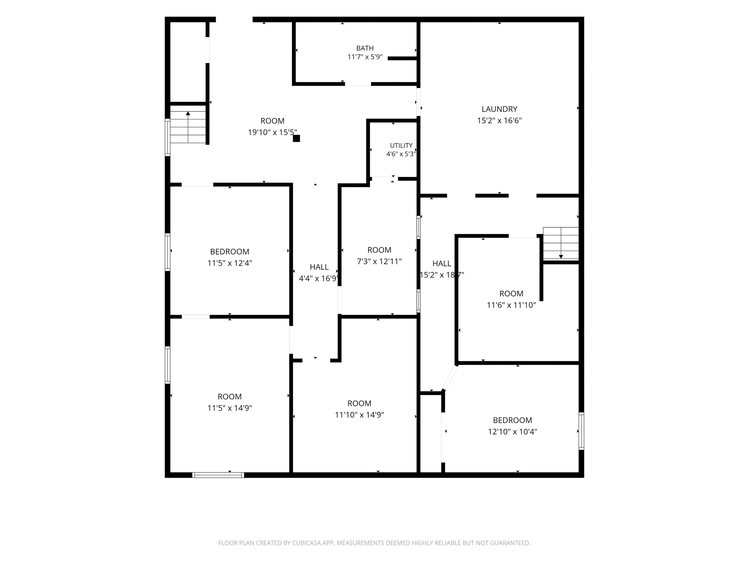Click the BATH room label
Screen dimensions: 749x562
pyautogui.click(x=365, y=48)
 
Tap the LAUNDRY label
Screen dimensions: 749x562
pyautogui.click(x=499, y=109)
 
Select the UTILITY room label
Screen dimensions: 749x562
pyautogui.click(x=401, y=146)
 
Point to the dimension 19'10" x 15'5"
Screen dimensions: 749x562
pyautogui.click(x=272, y=132)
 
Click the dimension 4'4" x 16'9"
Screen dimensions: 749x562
pyautogui.click(x=319, y=279)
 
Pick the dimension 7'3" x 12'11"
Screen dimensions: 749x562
pyautogui.click(x=379, y=261)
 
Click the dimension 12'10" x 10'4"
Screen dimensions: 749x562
pyautogui.click(x=512, y=432)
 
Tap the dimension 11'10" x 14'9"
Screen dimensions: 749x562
pyautogui.click(x=359, y=415)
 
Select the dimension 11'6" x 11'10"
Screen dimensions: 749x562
pyautogui.click(x=511, y=305)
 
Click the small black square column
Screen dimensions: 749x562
pyautogui.click(x=296, y=138)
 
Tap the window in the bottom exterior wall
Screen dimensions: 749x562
pyautogui.click(x=218, y=475)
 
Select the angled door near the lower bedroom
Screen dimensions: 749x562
pyautogui.click(x=450, y=377)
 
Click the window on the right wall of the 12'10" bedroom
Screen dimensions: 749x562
pyautogui.click(x=581, y=431)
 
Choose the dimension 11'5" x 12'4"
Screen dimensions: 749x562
pyautogui.click(x=230, y=263)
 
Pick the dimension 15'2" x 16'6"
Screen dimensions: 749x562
pyautogui.click(x=499, y=121)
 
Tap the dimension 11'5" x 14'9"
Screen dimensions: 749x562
pyautogui.click(x=230, y=408)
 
